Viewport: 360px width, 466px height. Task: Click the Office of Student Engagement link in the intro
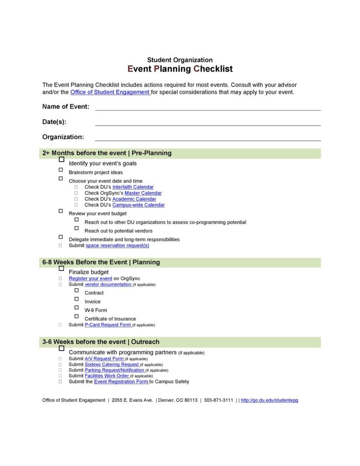[x=110, y=92]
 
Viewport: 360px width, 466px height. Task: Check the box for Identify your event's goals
[x=62, y=160]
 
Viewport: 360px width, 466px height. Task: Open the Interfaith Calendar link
[x=133, y=187]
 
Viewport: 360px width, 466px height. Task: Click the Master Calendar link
[x=143, y=193]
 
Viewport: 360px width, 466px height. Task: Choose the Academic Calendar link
[x=134, y=199]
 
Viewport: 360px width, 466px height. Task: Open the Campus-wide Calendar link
[x=139, y=205]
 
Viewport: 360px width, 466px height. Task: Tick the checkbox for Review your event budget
[x=61, y=211]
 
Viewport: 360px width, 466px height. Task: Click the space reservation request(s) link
[x=117, y=245]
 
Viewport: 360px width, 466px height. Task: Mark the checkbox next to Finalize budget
[x=62, y=269]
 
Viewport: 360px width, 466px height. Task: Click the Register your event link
[x=90, y=278]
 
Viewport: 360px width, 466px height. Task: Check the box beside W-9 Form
[x=77, y=308]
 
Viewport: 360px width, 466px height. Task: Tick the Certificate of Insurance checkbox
[x=77, y=316]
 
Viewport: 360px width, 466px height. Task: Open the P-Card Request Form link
[x=108, y=325]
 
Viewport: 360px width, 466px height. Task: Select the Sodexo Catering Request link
[x=112, y=364]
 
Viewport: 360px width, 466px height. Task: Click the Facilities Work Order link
[x=107, y=376]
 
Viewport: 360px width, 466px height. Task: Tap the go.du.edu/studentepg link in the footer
[x=269, y=400]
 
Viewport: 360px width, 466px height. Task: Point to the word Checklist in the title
[x=213, y=69]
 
